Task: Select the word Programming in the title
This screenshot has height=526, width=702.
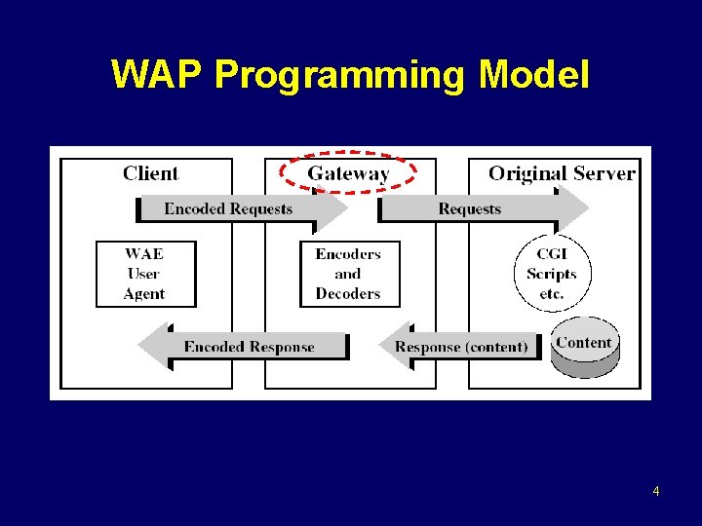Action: (x=338, y=75)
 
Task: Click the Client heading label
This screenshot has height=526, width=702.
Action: (x=150, y=174)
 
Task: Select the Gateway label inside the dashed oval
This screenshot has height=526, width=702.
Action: (x=348, y=174)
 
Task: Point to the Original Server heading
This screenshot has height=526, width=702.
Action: (x=562, y=174)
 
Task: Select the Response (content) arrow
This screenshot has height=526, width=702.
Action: (x=460, y=347)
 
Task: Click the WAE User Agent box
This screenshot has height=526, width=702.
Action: (x=144, y=274)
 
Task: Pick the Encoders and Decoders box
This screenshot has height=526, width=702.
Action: (x=348, y=274)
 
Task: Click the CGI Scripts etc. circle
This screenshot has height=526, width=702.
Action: (x=552, y=274)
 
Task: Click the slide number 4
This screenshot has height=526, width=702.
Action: (x=655, y=491)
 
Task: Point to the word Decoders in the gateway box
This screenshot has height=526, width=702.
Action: (x=348, y=294)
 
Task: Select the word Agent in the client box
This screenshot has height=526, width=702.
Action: (x=144, y=294)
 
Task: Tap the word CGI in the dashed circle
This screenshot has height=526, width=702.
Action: (x=552, y=254)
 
